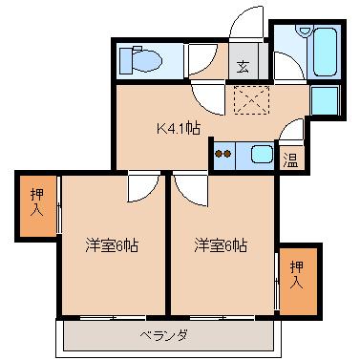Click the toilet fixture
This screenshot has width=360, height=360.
point(143,61)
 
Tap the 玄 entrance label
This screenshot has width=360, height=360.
point(244,67)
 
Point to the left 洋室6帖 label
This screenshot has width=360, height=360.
point(111,246)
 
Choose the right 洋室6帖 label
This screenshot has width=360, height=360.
point(221,246)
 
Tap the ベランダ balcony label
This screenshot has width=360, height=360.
point(164,335)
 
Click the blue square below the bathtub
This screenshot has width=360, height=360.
point(325,101)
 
